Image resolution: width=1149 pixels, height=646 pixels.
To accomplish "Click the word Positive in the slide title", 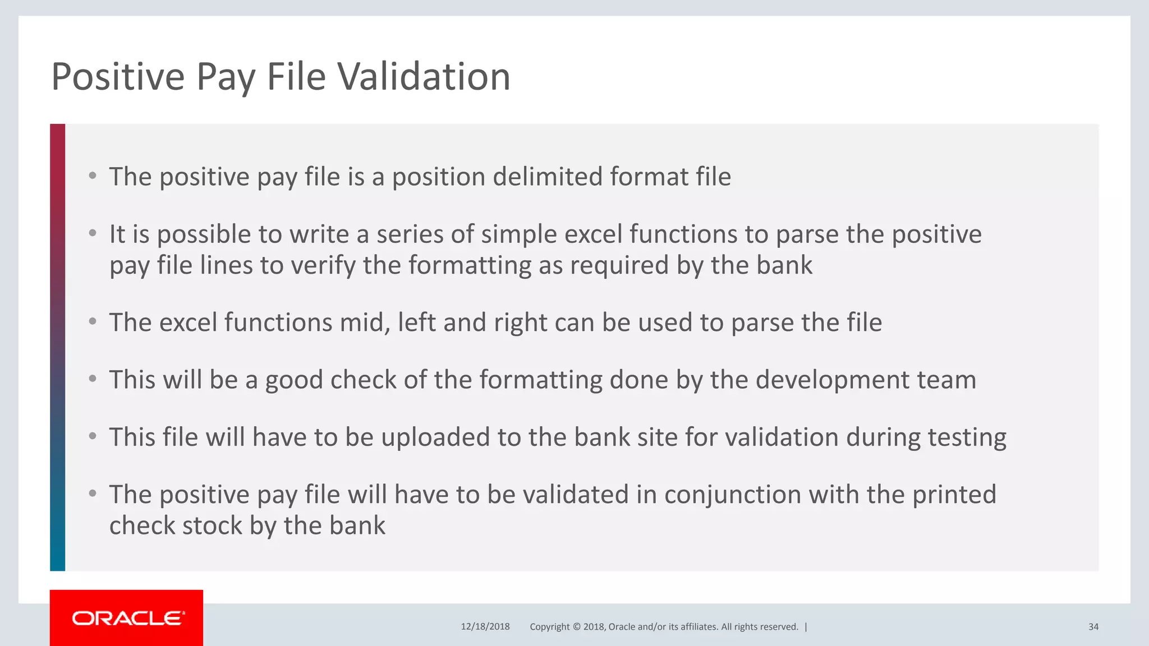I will (118, 76).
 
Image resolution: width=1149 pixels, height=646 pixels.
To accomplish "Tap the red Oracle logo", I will (127, 618).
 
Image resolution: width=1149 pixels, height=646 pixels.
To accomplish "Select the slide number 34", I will (1093, 627).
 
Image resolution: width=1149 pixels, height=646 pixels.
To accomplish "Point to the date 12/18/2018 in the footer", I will (485, 627).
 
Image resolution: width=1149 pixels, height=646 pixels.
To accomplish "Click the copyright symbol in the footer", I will (575, 627).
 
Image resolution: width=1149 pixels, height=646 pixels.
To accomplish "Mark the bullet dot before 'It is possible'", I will (93, 233).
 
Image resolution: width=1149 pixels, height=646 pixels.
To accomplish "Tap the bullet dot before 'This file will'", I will (93, 436).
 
